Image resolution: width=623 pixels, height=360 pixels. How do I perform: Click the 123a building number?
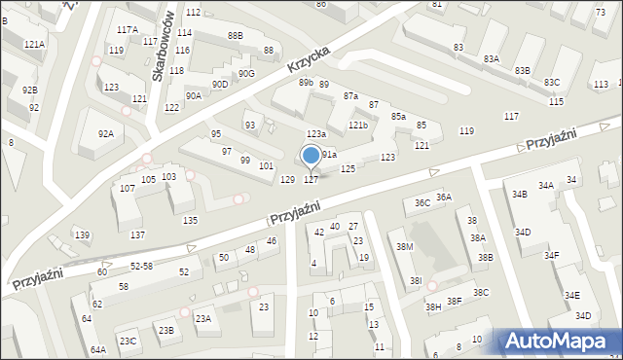(315, 133)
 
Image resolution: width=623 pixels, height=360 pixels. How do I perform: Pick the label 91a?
(329, 154)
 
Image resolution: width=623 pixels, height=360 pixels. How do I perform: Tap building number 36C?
(421, 202)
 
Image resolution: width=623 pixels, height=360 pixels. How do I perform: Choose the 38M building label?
(404, 247)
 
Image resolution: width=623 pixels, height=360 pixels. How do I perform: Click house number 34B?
(520, 195)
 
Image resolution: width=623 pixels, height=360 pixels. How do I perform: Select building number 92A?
(105, 133)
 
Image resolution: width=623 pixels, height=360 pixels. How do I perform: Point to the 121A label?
(34, 45)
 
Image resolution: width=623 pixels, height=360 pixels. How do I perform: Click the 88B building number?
(235, 36)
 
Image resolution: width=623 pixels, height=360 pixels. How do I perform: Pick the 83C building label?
(552, 82)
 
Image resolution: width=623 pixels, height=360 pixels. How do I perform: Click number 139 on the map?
(83, 234)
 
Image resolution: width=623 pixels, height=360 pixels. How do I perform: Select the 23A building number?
(202, 318)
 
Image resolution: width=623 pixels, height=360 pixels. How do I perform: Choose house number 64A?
(98, 349)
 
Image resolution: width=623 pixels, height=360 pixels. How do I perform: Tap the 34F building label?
(551, 255)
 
